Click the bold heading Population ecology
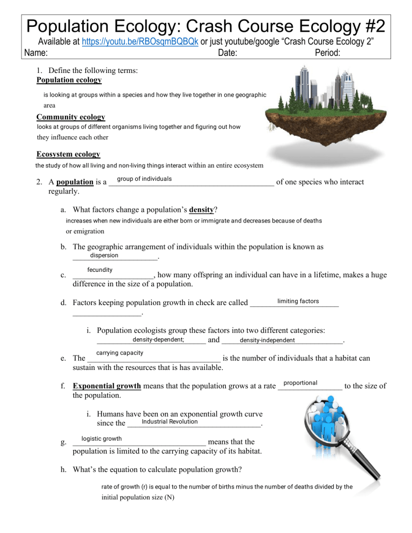click(69, 80)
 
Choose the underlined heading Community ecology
click(70, 117)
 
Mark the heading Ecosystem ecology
click(68, 154)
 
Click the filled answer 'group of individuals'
click(144, 179)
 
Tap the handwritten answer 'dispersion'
click(104, 255)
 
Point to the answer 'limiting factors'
click(298, 301)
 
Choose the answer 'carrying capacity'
click(120, 352)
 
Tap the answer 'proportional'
click(300, 382)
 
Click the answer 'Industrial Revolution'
click(170, 421)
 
